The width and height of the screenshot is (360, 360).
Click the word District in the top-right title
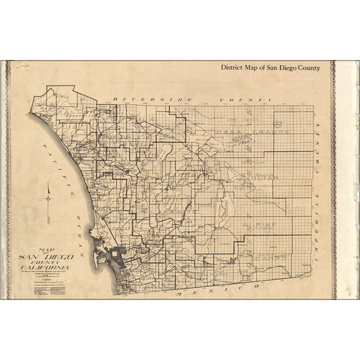pyautogui.click(x=234, y=67)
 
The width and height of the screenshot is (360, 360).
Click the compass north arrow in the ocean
pyautogui.click(x=47, y=199)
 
